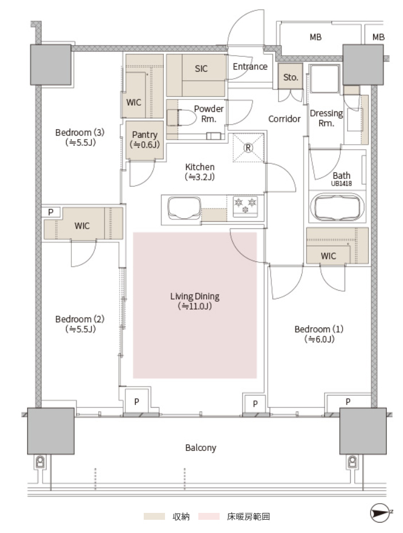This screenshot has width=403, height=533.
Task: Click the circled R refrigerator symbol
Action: (x=248, y=148)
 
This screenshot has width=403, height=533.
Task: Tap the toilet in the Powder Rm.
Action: (x=182, y=118)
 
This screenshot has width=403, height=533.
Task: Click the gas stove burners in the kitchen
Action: (x=245, y=206)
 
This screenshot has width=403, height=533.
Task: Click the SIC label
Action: (x=201, y=69)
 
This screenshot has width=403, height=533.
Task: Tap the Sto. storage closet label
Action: (x=291, y=78)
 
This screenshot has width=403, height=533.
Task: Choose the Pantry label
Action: (x=145, y=134)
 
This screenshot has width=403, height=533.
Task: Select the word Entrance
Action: (x=250, y=66)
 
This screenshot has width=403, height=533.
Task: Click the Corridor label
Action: (x=284, y=119)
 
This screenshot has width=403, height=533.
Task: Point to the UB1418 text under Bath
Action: (x=341, y=184)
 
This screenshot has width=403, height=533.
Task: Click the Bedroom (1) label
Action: (x=319, y=329)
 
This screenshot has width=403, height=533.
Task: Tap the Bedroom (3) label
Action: (x=80, y=132)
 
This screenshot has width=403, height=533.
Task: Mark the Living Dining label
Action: (x=195, y=296)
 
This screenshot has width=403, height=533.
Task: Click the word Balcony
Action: (x=201, y=447)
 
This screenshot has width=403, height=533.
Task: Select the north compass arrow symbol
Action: (x=381, y=512)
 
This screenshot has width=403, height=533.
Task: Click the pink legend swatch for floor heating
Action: (x=209, y=517)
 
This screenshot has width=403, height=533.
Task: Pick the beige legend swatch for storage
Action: (x=154, y=517)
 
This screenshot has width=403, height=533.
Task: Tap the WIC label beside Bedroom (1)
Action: (x=328, y=256)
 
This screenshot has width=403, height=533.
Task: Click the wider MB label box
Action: (x=316, y=37)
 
